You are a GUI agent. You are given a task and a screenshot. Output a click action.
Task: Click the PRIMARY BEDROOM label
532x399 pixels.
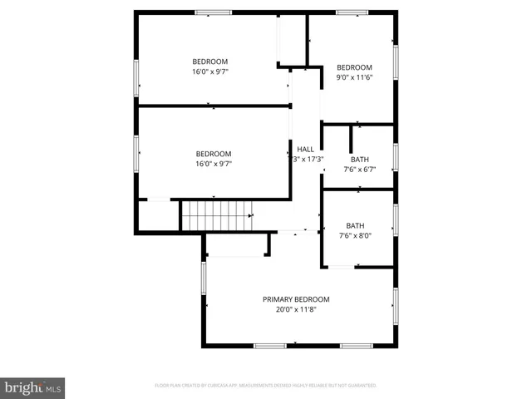pyautogui.click(x=296, y=299)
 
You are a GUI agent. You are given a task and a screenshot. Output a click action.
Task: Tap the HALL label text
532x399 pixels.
pyautogui.click(x=306, y=149)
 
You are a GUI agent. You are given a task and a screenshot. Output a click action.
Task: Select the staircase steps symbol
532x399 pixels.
pyautogui.click(x=216, y=215)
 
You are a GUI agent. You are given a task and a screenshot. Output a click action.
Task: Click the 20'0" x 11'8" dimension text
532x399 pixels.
pyautogui.click(x=296, y=310)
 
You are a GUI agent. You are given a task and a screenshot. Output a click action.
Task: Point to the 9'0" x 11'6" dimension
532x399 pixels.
pyautogui.click(x=354, y=77)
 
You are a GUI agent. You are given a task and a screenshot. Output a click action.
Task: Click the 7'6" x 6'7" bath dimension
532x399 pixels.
pyautogui.click(x=360, y=170)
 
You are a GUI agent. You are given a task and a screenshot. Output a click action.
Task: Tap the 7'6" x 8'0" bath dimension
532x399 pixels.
pyautogui.click(x=355, y=235)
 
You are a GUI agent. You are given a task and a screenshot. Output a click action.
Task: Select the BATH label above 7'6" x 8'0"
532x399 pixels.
pyautogui.click(x=355, y=225)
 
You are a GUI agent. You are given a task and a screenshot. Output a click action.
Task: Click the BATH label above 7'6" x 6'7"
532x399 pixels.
pyautogui.click(x=360, y=160)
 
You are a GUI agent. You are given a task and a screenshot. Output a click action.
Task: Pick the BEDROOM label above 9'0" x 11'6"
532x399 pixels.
pyautogui.click(x=354, y=67)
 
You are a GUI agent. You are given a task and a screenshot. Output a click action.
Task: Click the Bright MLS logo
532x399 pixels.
pyautogui.click(x=32, y=388)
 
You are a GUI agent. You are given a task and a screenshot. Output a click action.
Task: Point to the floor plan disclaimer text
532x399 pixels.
pyautogui.click(x=266, y=386)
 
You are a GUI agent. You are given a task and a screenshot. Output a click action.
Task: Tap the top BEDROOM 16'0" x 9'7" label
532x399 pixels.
pyautogui.click(x=210, y=66)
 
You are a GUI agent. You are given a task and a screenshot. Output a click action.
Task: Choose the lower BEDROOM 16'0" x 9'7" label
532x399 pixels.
pyautogui.click(x=214, y=159)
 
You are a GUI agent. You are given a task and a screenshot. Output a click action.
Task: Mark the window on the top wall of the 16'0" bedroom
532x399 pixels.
pyautogui.click(x=214, y=12)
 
